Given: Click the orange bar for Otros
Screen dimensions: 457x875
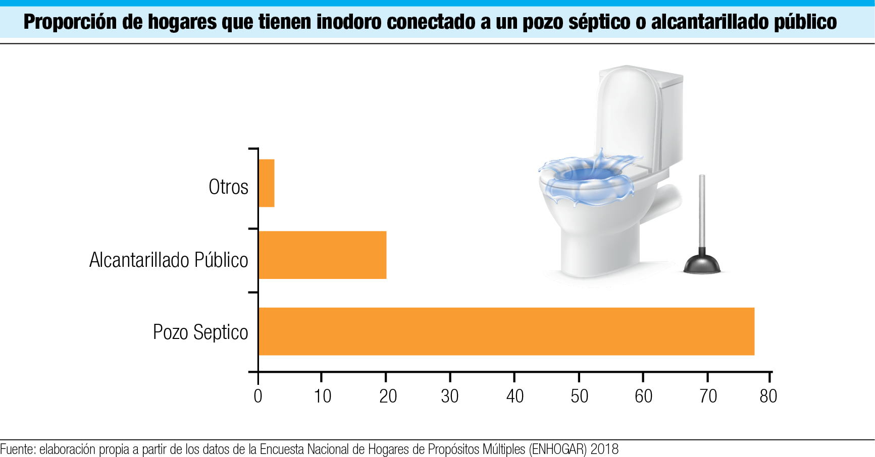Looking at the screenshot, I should pos(266,183).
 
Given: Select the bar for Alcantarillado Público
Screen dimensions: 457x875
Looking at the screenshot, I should pos(322,255).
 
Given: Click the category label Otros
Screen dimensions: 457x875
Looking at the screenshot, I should pos(228,187).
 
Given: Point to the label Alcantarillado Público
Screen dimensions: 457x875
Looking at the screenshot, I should pos(169,260).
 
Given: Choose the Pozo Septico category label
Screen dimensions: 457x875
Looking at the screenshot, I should pos(200,332).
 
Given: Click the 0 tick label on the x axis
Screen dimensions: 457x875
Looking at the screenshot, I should pos(258,396).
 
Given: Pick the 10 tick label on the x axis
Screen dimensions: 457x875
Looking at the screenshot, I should pos(322,396).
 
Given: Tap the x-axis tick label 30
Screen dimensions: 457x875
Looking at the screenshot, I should pos(450,396).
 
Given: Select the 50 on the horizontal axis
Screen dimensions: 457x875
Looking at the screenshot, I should pos(579,396).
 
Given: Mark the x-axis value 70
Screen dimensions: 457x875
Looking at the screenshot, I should pos(708,396).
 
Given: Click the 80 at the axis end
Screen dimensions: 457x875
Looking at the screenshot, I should pos(768,396).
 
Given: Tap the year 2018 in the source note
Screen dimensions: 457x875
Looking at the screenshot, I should pos(604,449).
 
